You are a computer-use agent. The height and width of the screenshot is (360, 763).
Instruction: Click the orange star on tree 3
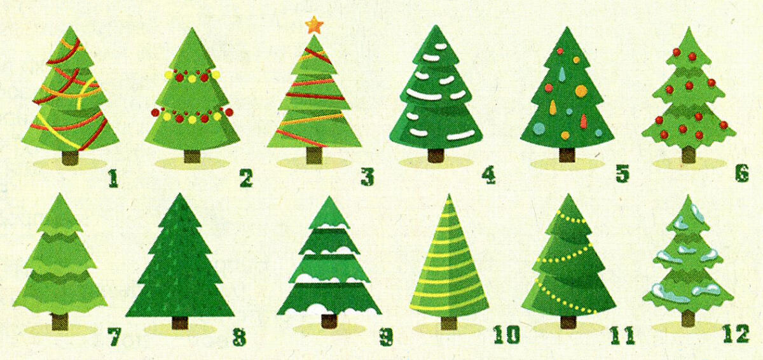pyautogui.click(x=313, y=25)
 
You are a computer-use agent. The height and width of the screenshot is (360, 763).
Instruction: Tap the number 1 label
pyautogui.click(x=113, y=179)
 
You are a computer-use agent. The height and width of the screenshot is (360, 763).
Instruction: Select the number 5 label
pyautogui.click(x=622, y=174)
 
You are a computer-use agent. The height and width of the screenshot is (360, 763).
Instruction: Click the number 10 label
pyautogui.click(x=507, y=334)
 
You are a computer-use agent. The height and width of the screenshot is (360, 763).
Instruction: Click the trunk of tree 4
pyautogui.click(x=436, y=155)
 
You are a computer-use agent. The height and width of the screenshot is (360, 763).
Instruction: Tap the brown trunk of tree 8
pyautogui.click(x=180, y=322)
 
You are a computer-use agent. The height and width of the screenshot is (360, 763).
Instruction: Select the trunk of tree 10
pyautogui.click(x=449, y=323)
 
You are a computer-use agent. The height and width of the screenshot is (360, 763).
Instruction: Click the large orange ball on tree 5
pyautogui.click(x=581, y=91)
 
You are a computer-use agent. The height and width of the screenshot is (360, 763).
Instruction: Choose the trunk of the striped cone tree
pyautogui.click(x=449, y=323)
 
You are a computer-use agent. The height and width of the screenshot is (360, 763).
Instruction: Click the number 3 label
pyautogui.click(x=368, y=177)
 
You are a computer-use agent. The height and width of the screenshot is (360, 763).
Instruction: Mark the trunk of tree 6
pyautogui.click(x=689, y=155)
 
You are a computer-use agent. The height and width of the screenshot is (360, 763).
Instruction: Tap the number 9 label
pyautogui.click(x=387, y=336)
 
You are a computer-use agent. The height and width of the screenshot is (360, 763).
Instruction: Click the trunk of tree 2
pyautogui.click(x=192, y=156)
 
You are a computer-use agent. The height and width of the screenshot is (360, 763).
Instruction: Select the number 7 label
pyautogui.click(x=114, y=336)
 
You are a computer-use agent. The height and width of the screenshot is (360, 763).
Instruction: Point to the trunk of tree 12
pyautogui.click(x=688, y=318)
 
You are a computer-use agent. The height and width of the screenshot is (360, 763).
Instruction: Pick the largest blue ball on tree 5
pyautogui.click(x=539, y=128)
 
